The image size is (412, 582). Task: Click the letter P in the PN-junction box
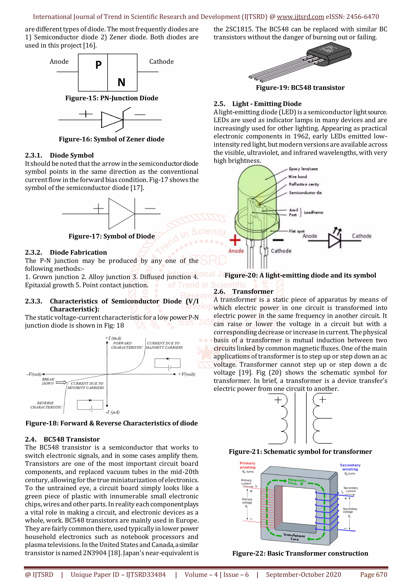tap(98, 65)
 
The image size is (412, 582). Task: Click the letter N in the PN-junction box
tap(121, 82)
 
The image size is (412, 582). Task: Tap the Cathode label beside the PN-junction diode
tap(161, 62)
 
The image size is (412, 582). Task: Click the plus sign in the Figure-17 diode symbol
tap(98, 209)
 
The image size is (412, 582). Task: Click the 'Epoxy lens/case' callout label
tap(303, 169)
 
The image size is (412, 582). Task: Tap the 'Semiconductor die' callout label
tap(305, 193)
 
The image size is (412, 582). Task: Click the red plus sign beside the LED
tap(235, 240)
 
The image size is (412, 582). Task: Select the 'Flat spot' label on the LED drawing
tap(297, 231)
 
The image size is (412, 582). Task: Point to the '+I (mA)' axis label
tap(113, 338)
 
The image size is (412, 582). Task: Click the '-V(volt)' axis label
tap(34, 374)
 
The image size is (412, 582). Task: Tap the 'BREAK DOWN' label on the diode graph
tap(48, 381)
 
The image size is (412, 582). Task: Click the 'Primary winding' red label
tap(247, 465)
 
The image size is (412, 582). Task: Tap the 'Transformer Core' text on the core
tap(294, 537)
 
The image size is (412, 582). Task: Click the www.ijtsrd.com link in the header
tap(300, 17)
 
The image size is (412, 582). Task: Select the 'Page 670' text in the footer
tap(373, 574)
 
